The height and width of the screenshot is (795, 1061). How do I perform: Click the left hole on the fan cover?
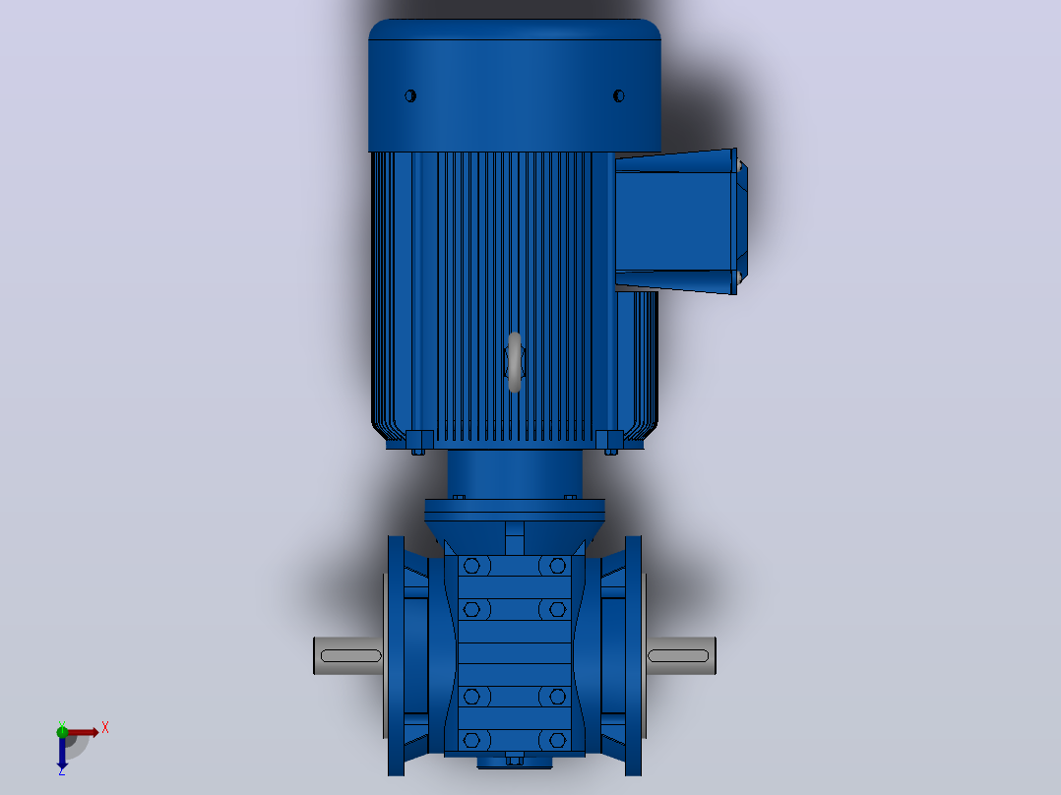point(410,96)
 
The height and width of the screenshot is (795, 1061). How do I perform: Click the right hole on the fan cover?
point(618,96)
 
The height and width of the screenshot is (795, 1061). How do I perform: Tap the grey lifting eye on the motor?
point(514,362)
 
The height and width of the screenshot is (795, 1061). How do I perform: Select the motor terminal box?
point(681,221)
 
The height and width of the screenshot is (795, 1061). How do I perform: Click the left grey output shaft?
point(348,655)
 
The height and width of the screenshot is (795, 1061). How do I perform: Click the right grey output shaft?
point(680,655)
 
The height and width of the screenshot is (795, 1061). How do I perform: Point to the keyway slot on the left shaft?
point(351,655)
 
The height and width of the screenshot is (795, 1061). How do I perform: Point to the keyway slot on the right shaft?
point(678,655)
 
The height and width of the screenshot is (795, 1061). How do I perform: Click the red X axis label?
point(105,728)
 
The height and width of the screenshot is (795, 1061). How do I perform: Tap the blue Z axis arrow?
point(62,751)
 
